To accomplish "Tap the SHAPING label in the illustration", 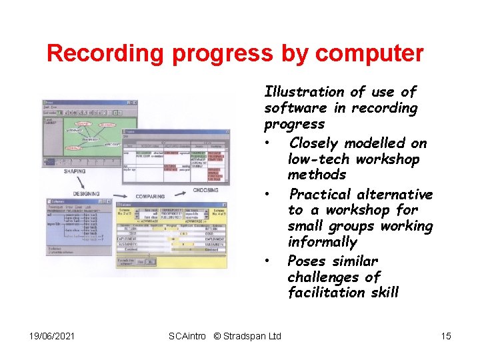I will pyautogui.click(x=74, y=171).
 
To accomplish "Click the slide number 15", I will pyautogui.click(x=445, y=336).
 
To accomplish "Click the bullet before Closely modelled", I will pyautogui.click(x=267, y=143).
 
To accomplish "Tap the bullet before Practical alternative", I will pyautogui.click(x=267, y=195).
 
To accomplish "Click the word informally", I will pyautogui.click(x=322, y=242).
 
